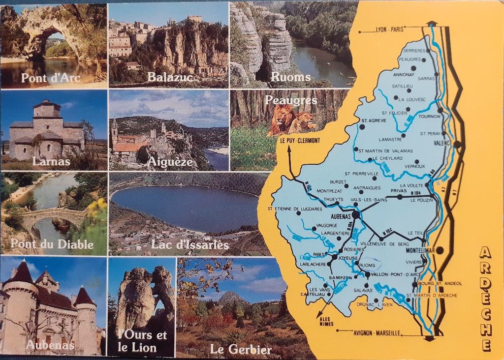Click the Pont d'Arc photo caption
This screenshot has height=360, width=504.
[x=51, y=78]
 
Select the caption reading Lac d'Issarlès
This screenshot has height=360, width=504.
[x=190, y=244]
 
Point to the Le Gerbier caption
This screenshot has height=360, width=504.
[x=241, y=350]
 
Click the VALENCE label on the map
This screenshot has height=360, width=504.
[x=443, y=144]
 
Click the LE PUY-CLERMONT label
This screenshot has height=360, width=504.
[x=300, y=141]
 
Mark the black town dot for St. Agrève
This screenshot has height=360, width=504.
[x=362, y=126]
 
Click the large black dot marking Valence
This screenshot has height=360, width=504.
[x=457, y=144]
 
